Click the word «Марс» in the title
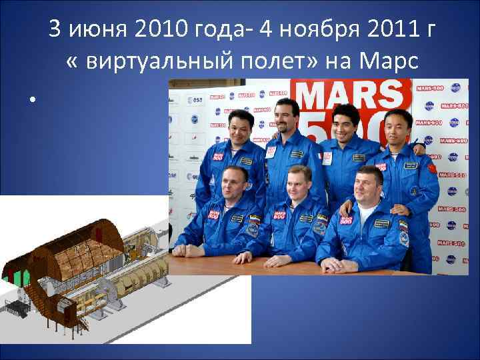click(389, 61)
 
